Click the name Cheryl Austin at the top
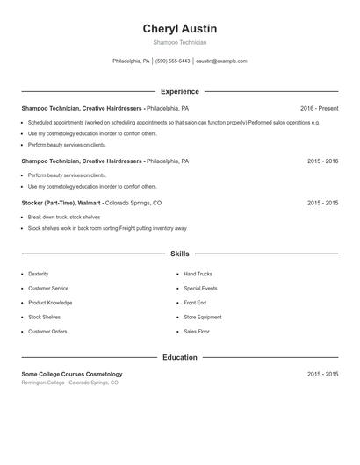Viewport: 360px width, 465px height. pos(179,29)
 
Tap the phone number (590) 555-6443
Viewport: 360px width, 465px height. pos(173,61)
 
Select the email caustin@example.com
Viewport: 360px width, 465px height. pos(221,61)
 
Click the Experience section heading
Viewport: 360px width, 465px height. pos(179,91)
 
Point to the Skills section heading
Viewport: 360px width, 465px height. pos(179,254)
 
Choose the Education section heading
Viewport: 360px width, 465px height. pos(179,357)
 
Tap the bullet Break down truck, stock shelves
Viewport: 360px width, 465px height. pos(64,217)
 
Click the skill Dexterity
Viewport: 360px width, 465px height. pos(39,274)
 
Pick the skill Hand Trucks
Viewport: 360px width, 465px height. pos(198,274)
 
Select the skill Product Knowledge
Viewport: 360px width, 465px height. pos(50,303)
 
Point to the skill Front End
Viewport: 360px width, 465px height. pos(194,303)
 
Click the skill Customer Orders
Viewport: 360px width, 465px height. pos(47,332)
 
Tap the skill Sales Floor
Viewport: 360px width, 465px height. pos(197,332)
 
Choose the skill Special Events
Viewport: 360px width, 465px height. pos(200,288)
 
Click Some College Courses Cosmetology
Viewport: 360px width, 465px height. pos(72,374)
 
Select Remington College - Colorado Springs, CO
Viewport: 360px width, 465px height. pos(69,383)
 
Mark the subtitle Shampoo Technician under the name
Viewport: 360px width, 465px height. pos(179,42)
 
